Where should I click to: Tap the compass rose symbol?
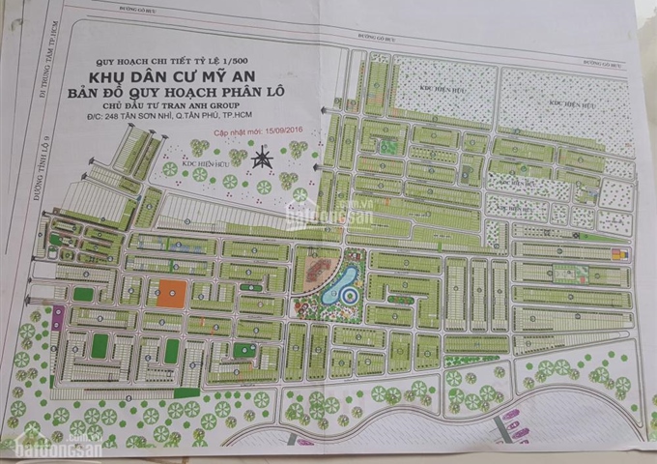pyautogui.click(x=260, y=160)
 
